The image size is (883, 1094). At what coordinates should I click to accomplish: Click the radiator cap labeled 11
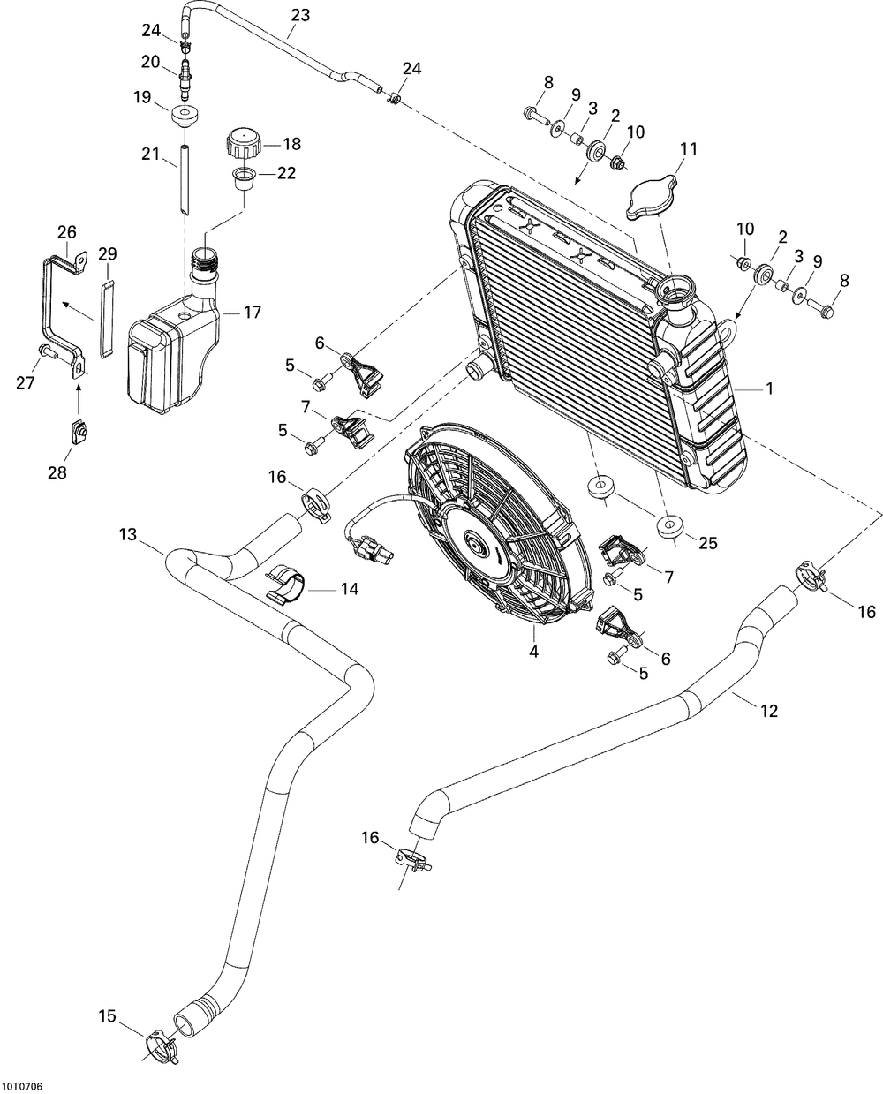click(650, 197)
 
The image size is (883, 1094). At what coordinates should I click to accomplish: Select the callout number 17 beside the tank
click(253, 312)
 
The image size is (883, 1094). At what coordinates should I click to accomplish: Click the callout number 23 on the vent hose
click(300, 14)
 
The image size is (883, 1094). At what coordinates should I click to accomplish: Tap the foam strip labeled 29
click(107, 319)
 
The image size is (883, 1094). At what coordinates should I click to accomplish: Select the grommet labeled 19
click(185, 116)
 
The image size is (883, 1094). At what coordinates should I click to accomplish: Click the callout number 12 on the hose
click(768, 711)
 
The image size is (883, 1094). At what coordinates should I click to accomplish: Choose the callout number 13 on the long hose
click(128, 534)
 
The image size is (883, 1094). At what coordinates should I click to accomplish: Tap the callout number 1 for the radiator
click(769, 389)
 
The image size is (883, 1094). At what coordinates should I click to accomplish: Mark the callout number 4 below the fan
click(533, 652)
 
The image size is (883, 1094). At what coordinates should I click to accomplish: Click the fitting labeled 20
click(185, 79)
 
